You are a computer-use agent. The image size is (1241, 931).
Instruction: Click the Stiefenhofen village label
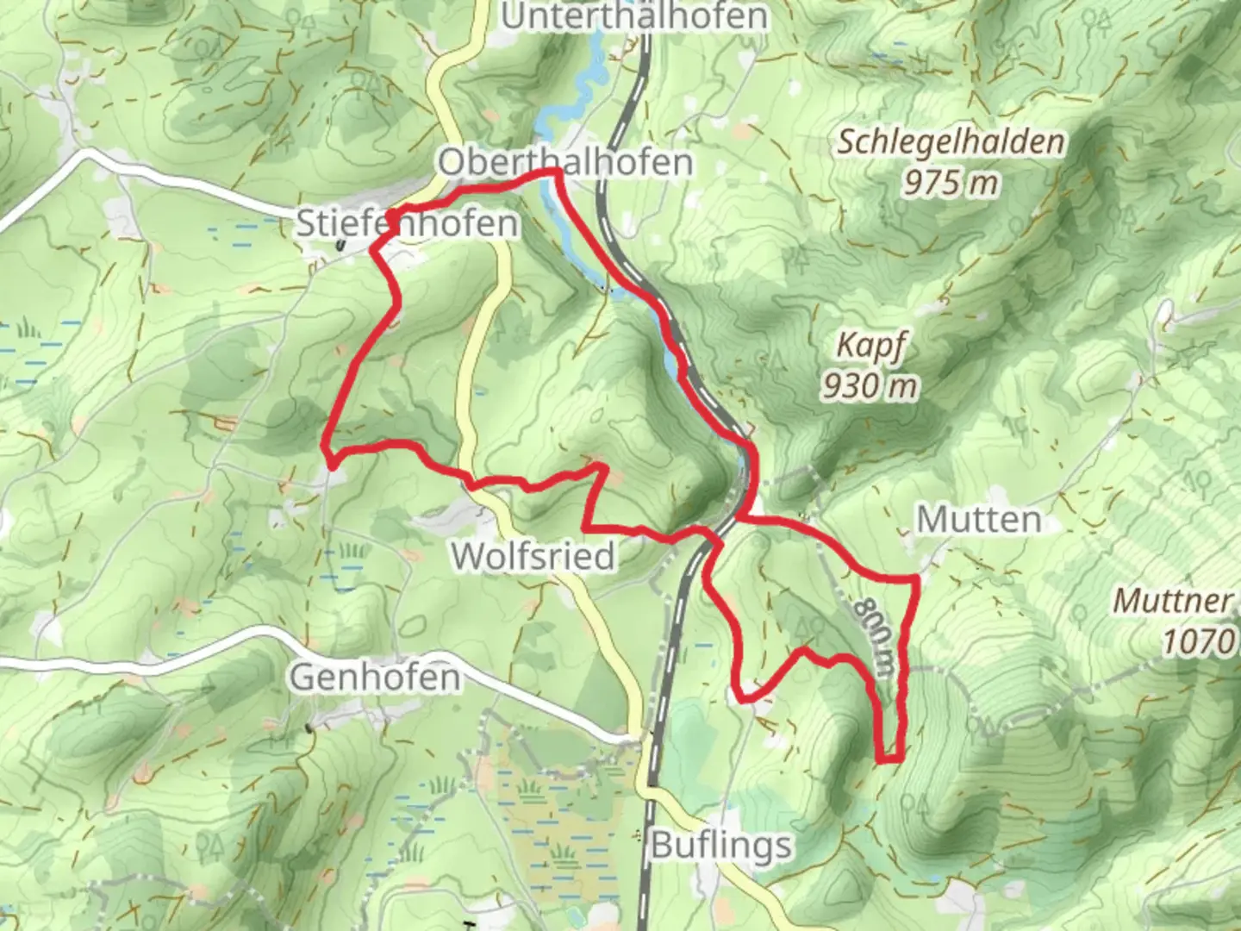(x=407, y=224)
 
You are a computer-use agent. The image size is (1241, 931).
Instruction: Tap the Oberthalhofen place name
(x=564, y=162)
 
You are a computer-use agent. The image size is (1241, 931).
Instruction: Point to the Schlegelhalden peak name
(x=951, y=141)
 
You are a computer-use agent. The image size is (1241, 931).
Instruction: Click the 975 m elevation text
(x=951, y=182)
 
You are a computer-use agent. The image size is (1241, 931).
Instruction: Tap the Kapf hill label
(x=870, y=347)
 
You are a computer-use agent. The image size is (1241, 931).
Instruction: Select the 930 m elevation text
(x=869, y=385)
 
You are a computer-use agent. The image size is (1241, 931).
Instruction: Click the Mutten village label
(x=978, y=520)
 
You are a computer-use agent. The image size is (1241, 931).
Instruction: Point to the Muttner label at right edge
(x=1174, y=601)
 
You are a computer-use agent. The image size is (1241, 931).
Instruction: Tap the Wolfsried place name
(x=533, y=557)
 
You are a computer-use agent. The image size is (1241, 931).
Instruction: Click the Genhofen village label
(x=374, y=678)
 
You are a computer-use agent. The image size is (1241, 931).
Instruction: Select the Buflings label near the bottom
(x=720, y=845)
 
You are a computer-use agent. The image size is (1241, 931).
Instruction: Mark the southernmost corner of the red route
(x=888, y=760)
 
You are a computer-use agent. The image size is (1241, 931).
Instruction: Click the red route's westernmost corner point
(x=326, y=445)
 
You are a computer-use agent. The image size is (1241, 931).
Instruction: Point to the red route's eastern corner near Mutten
(x=914, y=579)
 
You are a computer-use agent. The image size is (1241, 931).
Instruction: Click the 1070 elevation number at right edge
(x=1200, y=641)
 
